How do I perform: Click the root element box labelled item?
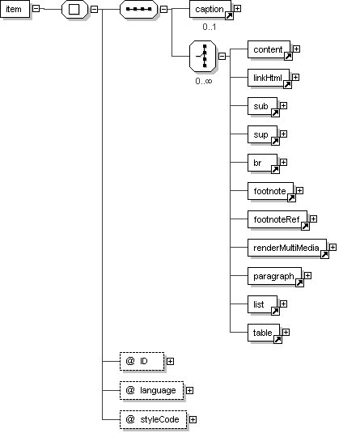pos(15,9)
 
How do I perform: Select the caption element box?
pos(210,9)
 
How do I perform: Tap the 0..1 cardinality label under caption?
pos(210,27)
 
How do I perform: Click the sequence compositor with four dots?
pos(138,9)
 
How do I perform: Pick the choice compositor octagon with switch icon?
pos(203,57)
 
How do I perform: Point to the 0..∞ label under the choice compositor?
pos(204,81)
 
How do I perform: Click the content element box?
pos(269,49)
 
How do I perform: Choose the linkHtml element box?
pos(269,78)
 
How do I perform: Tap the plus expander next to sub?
pos(283,106)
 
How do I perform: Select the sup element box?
pos(262,134)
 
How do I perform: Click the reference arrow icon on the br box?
pos(275,169)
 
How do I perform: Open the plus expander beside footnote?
pos(300,190)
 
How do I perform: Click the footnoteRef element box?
pos(277,219)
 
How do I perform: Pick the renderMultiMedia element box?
pos(287,248)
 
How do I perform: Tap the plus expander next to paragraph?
pos(308,276)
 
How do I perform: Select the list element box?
pos(262,304)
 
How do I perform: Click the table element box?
pos(264,333)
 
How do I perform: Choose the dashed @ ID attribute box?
pos(142,361)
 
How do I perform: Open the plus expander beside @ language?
pos(189,390)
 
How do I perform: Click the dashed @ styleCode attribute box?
pos(153,419)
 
